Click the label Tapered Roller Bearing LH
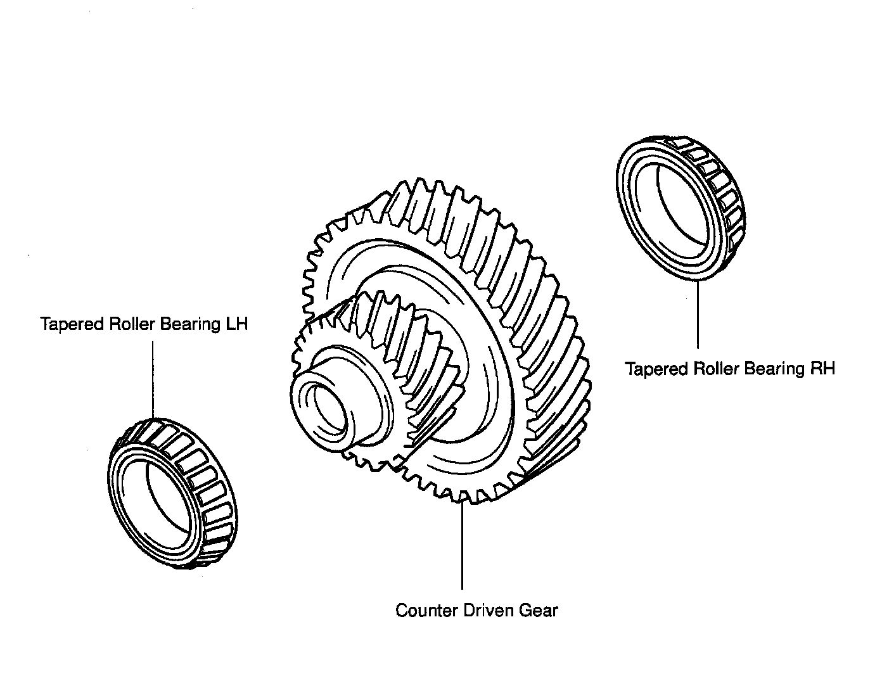click(144, 324)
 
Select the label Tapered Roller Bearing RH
click(730, 369)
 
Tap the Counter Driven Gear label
click(476, 611)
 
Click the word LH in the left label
click(236, 324)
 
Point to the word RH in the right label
click(823, 369)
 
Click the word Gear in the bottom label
click(539, 611)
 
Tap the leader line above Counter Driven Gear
click(463, 545)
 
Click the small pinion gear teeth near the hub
click(380, 329)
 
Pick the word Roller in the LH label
click(132, 324)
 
